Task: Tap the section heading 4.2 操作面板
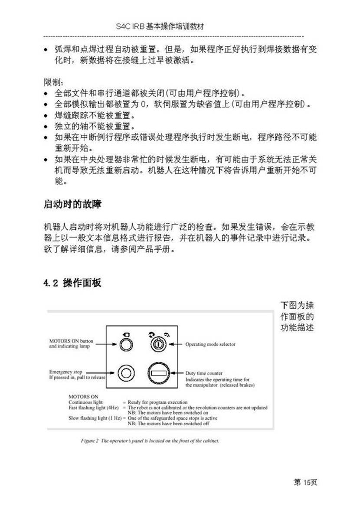coord(72,283)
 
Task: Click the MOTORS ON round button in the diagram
coord(125,345)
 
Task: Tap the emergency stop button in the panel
coord(125,373)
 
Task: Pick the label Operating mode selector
coord(210,344)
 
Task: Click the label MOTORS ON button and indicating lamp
coord(71,344)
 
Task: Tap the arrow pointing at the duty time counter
coord(177,373)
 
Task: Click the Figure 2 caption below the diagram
coord(150,441)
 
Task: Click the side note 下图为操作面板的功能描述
coord(297,316)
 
